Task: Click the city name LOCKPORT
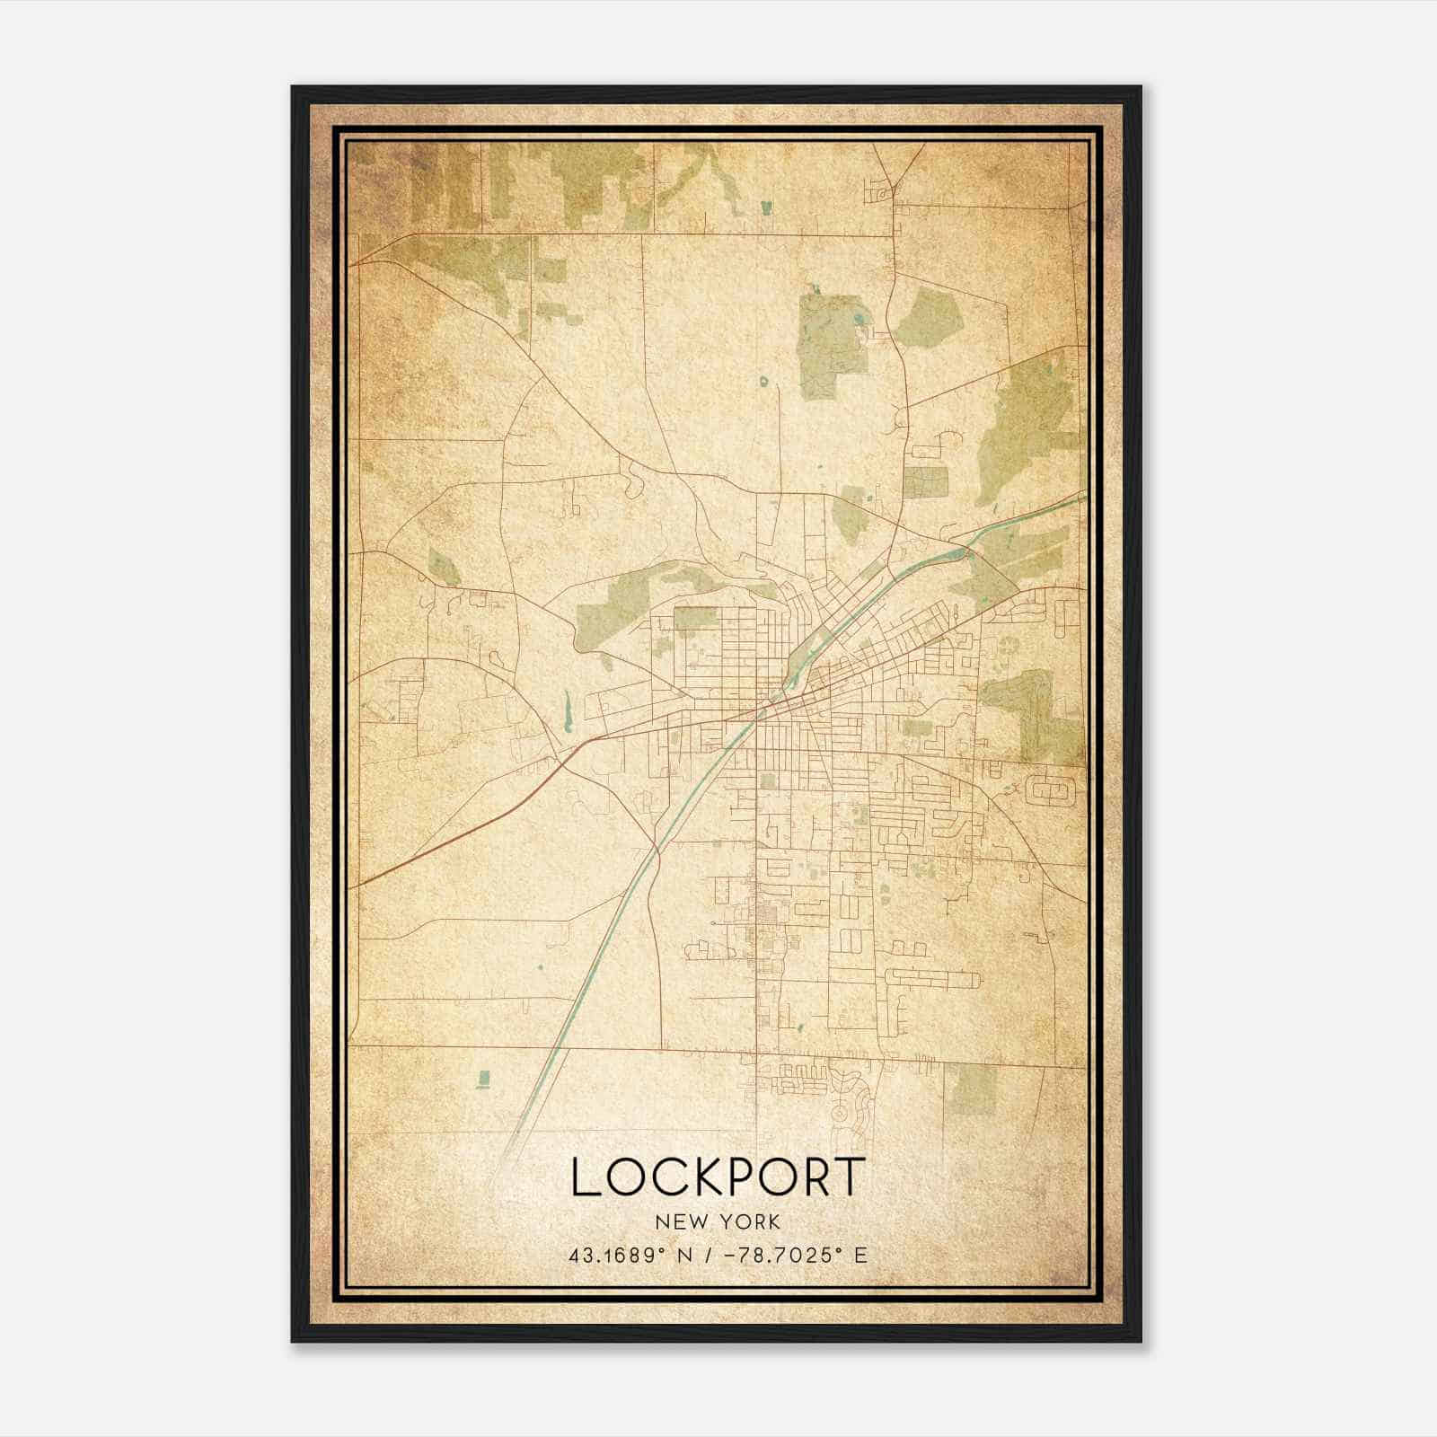(x=718, y=1177)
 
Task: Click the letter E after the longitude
(x=860, y=1255)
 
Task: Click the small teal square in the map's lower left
(x=485, y=1077)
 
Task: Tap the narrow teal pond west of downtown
(x=567, y=710)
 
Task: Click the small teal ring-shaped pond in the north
(x=764, y=382)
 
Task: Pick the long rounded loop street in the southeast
(x=929, y=978)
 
